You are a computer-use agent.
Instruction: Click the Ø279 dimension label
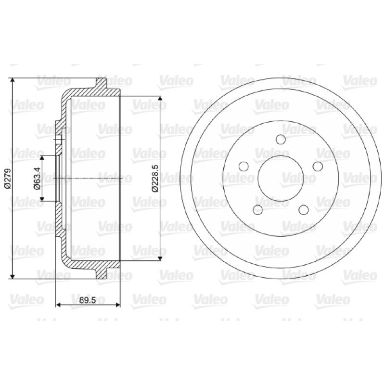(x=8, y=179)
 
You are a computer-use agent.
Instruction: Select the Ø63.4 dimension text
(x=37, y=179)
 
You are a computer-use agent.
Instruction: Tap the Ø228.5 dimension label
(x=155, y=179)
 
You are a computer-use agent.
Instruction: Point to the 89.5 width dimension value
(x=88, y=300)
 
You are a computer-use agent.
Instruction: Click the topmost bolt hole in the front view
(x=281, y=140)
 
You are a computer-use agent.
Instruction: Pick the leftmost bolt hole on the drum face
(x=244, y=166)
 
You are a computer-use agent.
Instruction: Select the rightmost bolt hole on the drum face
(x=318, y=166)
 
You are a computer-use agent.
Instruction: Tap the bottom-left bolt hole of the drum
(x=258, y=210)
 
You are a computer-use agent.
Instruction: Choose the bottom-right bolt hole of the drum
(x=304, y=210)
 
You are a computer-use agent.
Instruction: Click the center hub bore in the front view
(x=281, y=179)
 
